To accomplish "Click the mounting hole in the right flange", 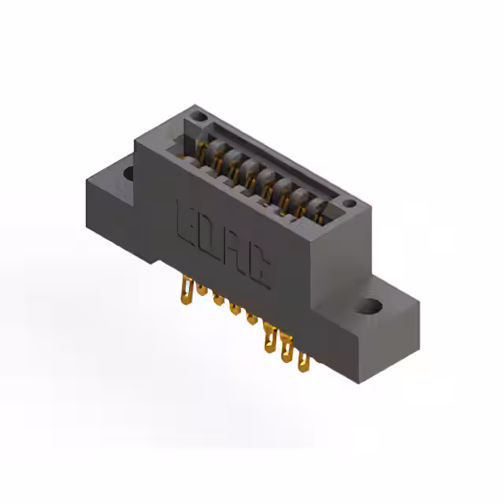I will tap(372, 304).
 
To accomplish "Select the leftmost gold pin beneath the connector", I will tap(188, 290).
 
